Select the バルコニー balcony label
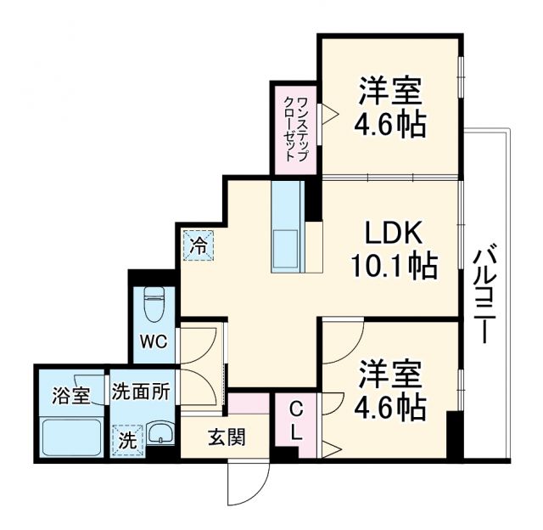(x=484, y=293)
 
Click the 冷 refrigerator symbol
(x=198, y=247)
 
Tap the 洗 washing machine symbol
(x=126, y=441)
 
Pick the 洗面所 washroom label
(x=141, y=392)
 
